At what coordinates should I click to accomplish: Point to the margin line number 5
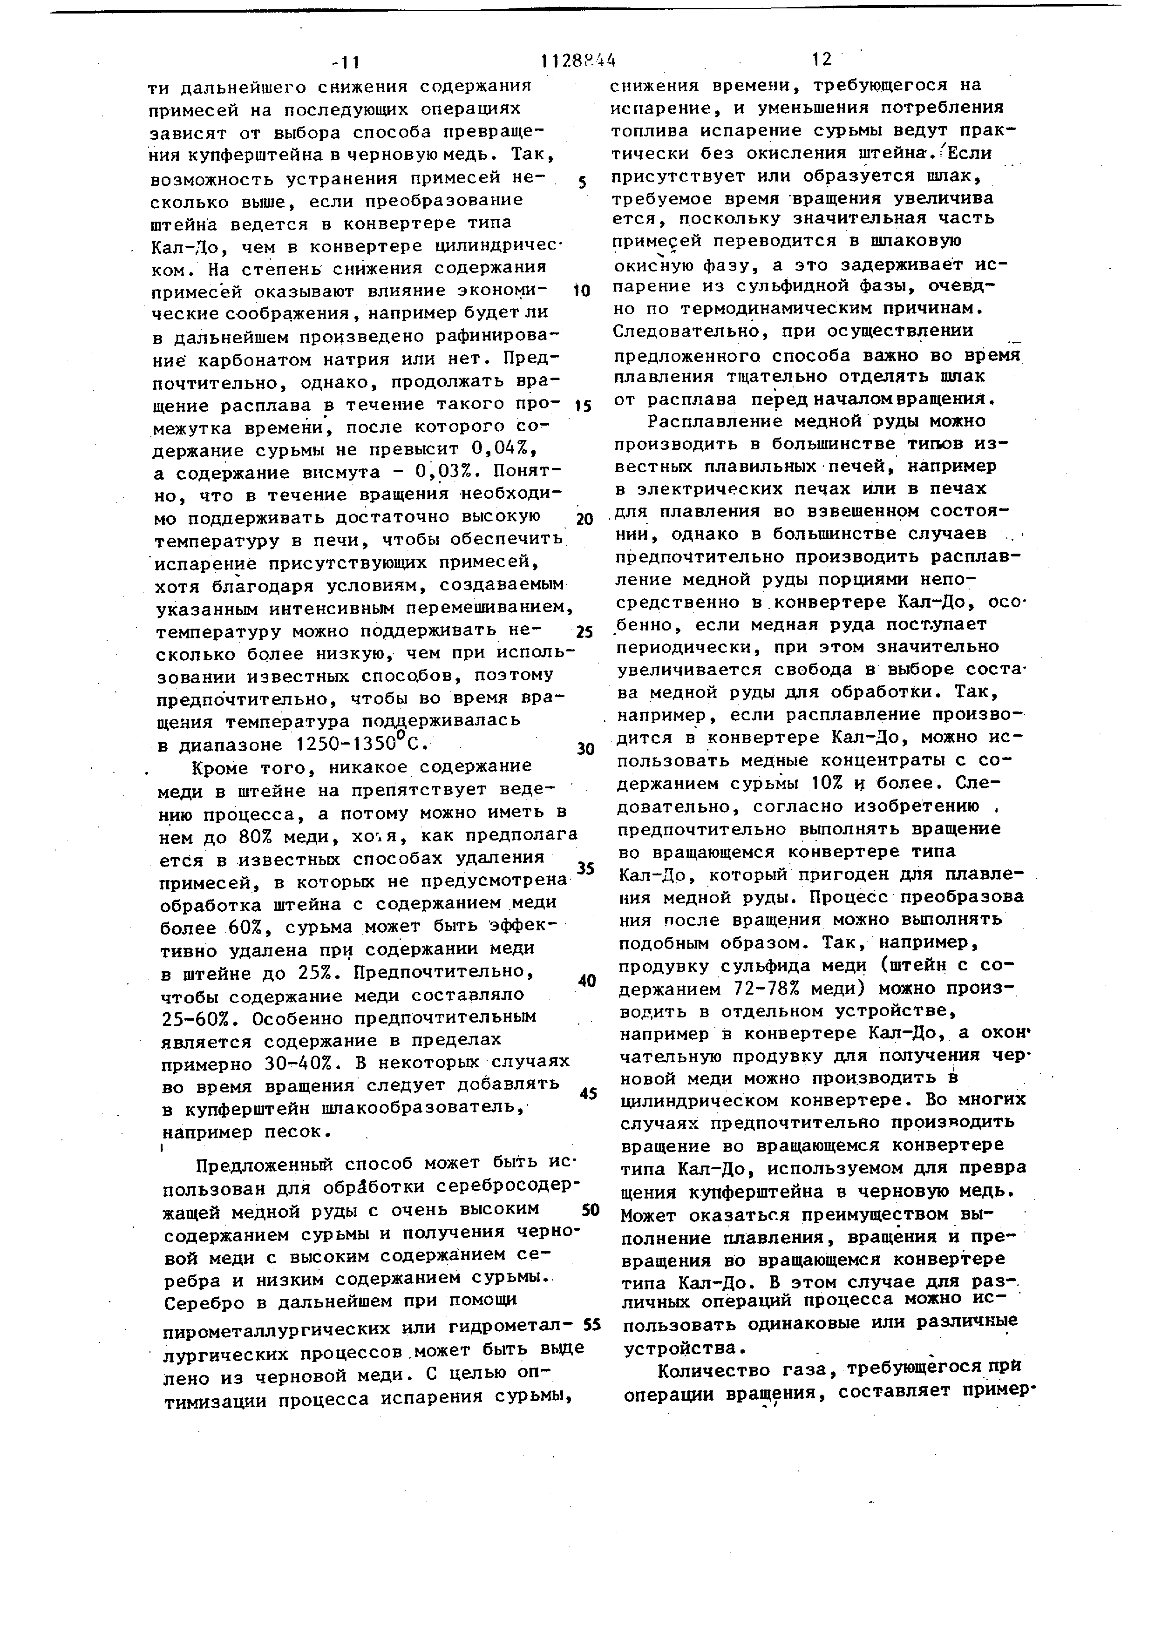[583, 183]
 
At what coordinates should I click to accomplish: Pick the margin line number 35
[585, 868]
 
